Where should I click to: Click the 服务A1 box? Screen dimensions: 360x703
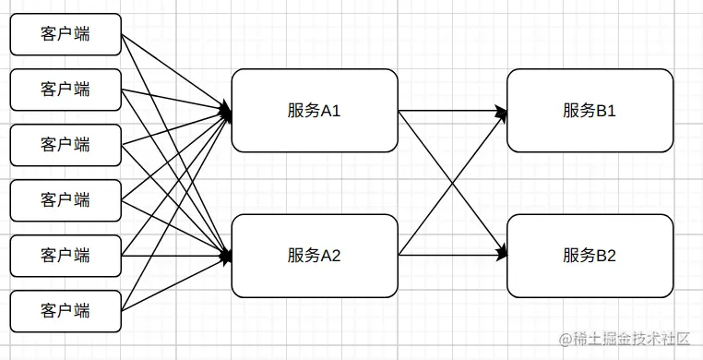pos(314,110)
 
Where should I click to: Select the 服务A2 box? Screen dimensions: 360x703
pos(314,256)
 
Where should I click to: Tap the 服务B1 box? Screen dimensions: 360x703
pos(590,110)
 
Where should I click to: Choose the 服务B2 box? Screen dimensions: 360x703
pos(590,256)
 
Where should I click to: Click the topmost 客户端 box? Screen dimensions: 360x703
pos(66,34)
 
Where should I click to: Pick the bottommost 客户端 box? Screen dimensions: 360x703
pos(66,311)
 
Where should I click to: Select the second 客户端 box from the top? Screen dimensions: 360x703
pos(66,90)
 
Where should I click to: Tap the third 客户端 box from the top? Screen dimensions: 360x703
pos(66,145)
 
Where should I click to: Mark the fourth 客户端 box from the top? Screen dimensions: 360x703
pos(66,200)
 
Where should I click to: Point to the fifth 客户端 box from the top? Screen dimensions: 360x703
pos(66,256)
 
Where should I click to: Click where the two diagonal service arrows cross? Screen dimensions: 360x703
pos(452,182)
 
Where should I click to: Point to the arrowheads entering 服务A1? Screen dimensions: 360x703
pos(225,113)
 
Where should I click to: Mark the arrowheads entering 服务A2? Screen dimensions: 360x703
pos(225,256)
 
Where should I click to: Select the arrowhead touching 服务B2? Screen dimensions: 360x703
pos(502,251)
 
